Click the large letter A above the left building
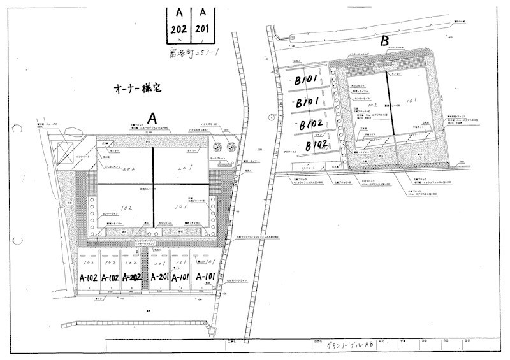pyautogui.click(x=152, y=119)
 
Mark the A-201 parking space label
pyautogui.click(x=159, y=277)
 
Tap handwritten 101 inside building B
pyautogui.click(x=411, y=100)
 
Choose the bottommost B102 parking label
pyautogui.click(x=316, y=145)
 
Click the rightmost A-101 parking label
pyautogui.click(x=207, y=277)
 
